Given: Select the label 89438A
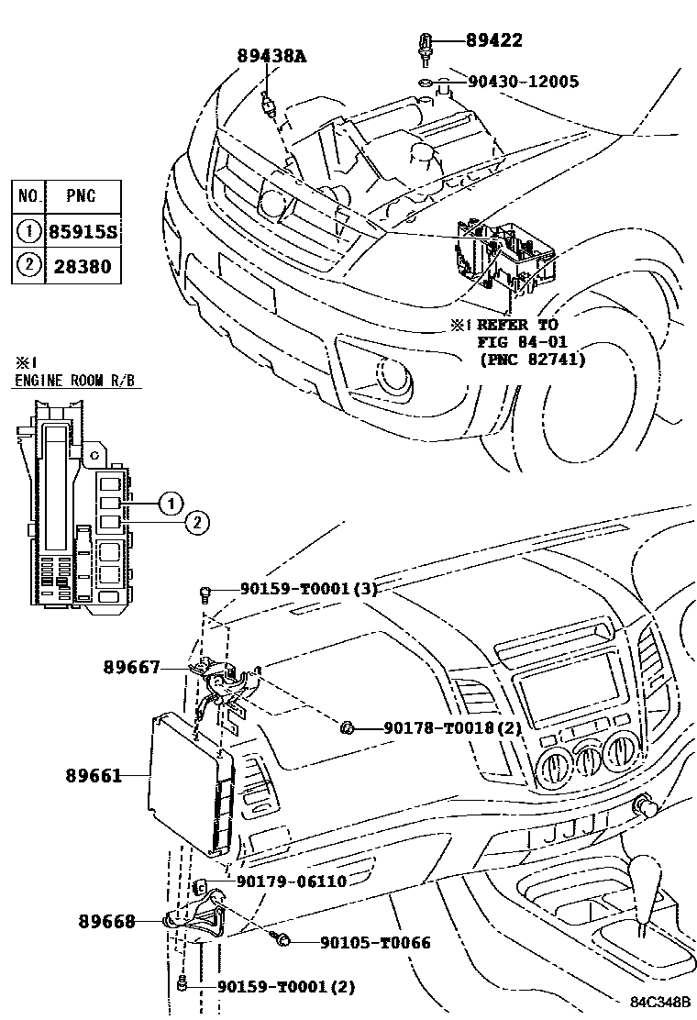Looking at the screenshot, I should [x=271, y=57].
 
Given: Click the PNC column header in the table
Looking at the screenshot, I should [x=80, y=196].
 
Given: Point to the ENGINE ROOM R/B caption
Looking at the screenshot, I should [x=77, y=381].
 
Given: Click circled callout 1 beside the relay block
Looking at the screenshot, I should [x=169, y=502].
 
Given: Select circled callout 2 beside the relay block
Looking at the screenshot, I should [x=197, y=523].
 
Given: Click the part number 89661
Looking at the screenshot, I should [x=94, y=776].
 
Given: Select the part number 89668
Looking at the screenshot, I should [x=106, y=920].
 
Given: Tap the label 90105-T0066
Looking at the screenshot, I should [x=375, y=942].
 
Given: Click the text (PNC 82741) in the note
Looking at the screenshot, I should [x=531, y=359].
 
